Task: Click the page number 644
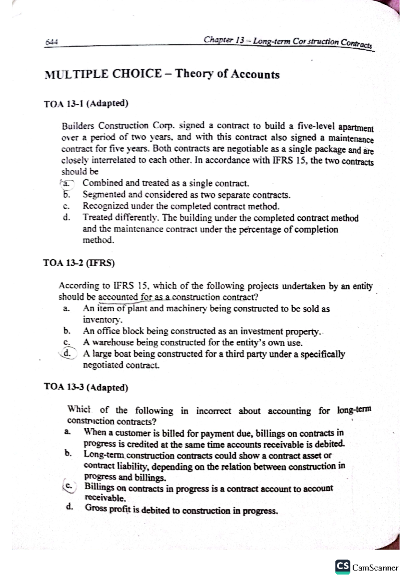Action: [x=52, y=42]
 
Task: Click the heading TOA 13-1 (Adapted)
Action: [x=86, y=103]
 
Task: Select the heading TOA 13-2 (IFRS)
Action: [x=79, y=263]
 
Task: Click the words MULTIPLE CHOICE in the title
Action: [x=103, y=74]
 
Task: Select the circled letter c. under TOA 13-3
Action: [x=70, y=486]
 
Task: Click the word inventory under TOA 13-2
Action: [x=102, y=320]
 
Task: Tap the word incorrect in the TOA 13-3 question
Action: [x=213, y=411]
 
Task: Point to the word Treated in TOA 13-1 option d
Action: [x=97, y=218]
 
